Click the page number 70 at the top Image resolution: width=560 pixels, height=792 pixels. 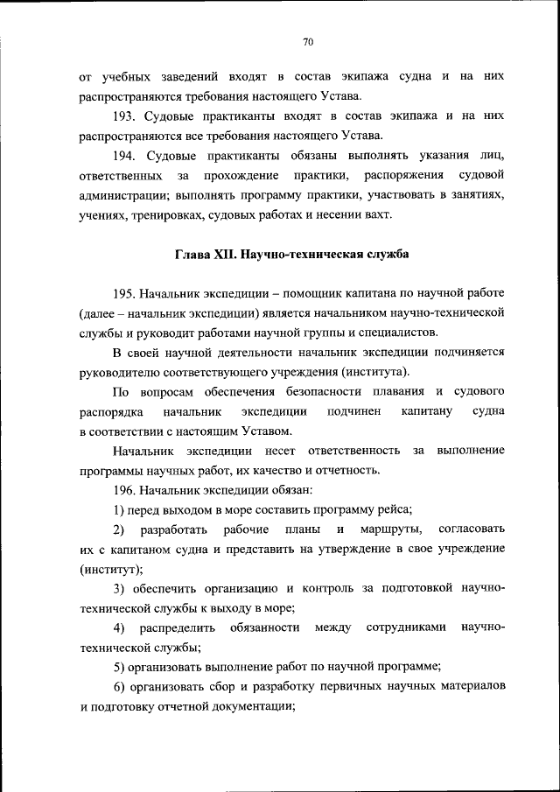point(308,41)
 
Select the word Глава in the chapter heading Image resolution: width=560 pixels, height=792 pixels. point(192,255)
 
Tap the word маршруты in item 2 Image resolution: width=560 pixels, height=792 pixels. point(391,529)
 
